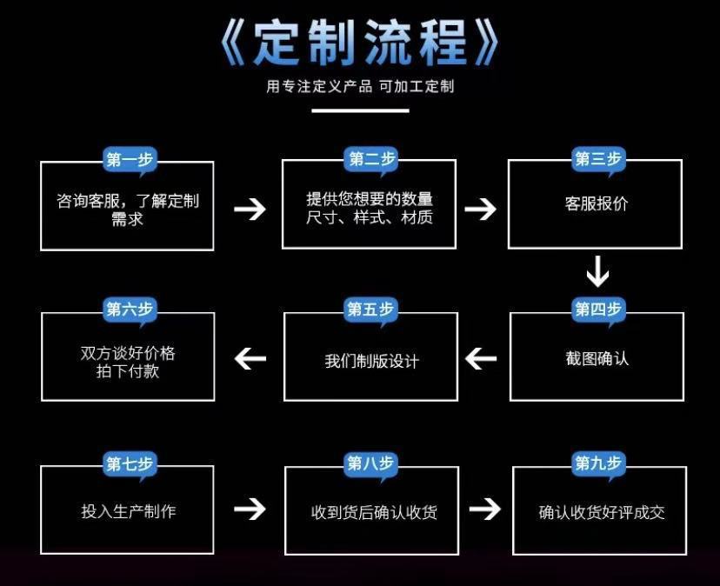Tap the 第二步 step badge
coord(372,159)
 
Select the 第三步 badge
coord(598,159)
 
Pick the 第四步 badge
coord(598,310)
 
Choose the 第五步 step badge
coord(370,310)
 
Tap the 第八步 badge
coord(371,463)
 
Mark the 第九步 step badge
coord(599,463)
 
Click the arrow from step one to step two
coord(250,208)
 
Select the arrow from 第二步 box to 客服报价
coord(480,208)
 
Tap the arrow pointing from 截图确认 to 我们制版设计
coord(481,357)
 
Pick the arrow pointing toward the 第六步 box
coord(250,357)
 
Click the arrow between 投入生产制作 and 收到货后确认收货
coord(250,509)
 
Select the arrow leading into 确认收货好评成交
coord(485,509)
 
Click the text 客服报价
coord(596,204)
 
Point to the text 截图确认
coord(597,358)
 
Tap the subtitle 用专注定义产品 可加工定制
coord(360,86)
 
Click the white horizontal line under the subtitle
coord(360,110)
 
